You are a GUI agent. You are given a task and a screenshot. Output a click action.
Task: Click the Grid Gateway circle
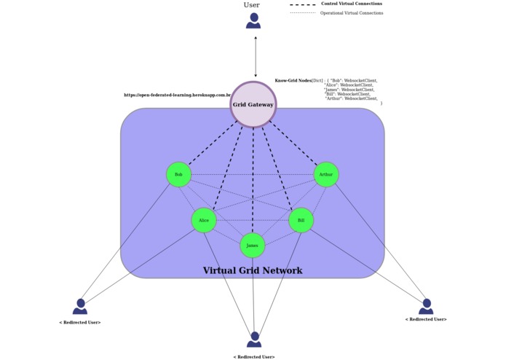point(253,105)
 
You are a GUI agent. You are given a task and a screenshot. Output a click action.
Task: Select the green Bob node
point(178,175)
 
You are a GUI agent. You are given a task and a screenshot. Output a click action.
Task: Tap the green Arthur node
point(325,175)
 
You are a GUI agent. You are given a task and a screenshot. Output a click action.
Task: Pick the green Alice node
point(204,220)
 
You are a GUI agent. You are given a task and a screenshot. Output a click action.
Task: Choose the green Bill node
point(301,220)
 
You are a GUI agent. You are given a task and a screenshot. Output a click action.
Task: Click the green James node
point(252,246)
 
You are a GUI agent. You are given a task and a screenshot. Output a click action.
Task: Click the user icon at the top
point(253,21)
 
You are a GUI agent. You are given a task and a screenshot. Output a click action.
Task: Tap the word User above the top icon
point(251,5)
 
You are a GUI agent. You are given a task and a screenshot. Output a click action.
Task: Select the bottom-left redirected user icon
point(80,306)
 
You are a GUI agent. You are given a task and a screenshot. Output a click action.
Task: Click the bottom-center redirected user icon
point(253,340)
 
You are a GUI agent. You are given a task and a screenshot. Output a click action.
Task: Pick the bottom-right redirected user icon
point(426,306)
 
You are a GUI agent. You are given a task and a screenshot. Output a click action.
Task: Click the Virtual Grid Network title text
point(252,271)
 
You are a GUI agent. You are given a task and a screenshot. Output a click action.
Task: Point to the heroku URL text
point(177,95)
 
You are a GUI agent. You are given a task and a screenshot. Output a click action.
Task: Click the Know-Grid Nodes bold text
point(293,81)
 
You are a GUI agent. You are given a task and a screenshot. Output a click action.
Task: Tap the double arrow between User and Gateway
point(255,56)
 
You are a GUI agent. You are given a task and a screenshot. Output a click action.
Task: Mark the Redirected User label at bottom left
point(79,322)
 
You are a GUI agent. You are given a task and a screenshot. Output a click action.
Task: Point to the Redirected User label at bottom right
point(426,319)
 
